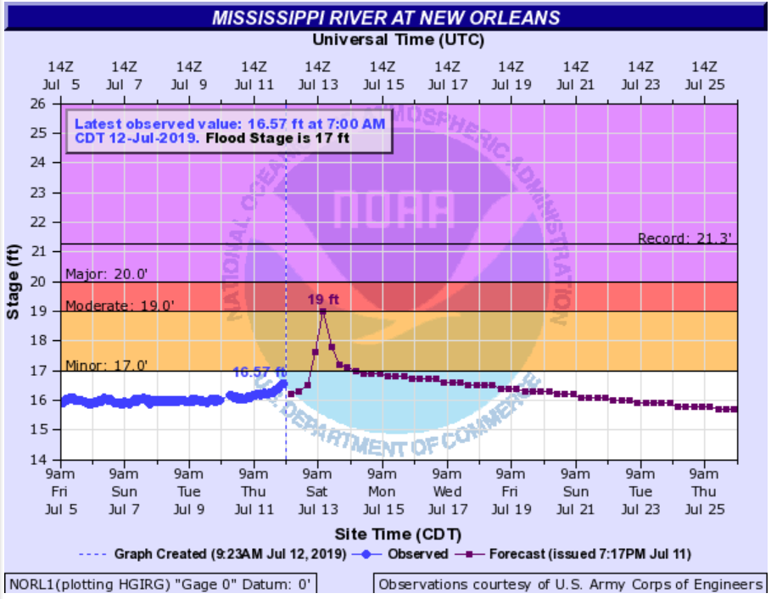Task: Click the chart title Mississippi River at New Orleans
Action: click(386, 18)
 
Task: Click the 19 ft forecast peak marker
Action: click(323, 311)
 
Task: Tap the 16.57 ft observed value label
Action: click(259, 371)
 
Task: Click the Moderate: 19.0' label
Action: click(120, 305)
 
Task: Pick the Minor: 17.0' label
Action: click(107, 366)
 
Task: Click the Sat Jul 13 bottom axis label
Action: click(317, 491)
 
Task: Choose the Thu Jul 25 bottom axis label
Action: click(705, 491)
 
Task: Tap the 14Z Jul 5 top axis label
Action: click(59, 75)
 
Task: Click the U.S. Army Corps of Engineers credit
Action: click(570, 585)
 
